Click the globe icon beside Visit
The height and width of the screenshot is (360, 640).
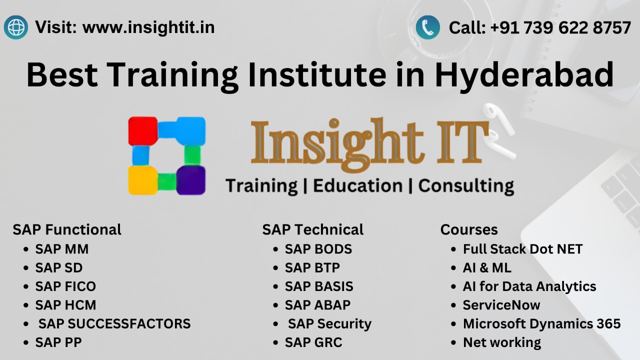click(15, 27)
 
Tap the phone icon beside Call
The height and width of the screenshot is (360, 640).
click(428, 27)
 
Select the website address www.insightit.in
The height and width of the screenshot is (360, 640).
click(148, 27)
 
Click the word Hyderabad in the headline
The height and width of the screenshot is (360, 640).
click(524, 74)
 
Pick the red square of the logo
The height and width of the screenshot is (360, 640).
click(142, 130)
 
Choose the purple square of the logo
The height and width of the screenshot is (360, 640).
click(190, 180)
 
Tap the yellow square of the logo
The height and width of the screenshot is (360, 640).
click(142, 180)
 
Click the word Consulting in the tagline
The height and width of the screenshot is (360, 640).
click(466, 185)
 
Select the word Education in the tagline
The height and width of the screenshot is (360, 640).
click(357, 185)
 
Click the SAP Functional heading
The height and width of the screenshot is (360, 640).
click(67, 229)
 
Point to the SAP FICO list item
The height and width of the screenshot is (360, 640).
click(65, 286)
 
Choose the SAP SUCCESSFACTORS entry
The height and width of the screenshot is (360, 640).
click(114, 324)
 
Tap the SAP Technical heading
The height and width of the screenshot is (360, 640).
click(312, 229)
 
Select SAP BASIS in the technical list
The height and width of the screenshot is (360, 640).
click(319, 286)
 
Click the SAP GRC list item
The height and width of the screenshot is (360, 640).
click(313, 342)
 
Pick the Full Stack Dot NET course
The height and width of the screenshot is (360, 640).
click(522, 249)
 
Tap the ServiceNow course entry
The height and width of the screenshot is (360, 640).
click(501, 305)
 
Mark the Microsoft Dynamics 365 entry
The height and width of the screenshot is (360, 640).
click(541, 324)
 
